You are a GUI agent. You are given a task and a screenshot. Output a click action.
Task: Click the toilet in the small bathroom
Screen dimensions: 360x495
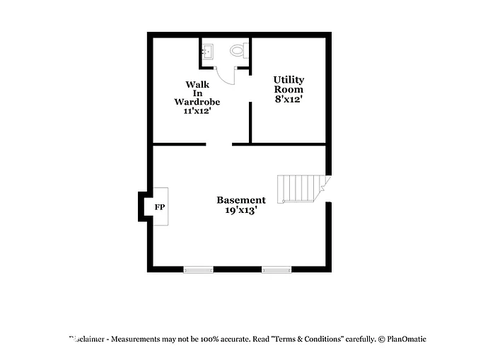[238, 51]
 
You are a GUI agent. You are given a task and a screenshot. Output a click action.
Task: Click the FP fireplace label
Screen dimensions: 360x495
[160, 207]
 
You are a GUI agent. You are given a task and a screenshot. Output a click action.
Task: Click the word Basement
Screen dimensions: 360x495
[241, 200]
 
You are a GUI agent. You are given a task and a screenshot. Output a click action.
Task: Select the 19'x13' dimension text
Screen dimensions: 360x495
[241, 210]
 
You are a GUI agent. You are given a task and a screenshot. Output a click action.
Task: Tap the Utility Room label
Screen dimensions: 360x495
[289, 85]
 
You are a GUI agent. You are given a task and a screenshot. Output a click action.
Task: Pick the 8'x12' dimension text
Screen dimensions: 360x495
[289, 99]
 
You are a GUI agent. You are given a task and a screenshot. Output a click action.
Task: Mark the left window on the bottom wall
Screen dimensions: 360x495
[198, 269]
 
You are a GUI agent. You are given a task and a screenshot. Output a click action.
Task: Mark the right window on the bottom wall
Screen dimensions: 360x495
[276, 269]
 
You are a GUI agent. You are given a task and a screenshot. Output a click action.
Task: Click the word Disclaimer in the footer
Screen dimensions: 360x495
[88, 339]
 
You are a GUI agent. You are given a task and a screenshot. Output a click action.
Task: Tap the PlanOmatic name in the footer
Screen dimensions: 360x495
[406, 339]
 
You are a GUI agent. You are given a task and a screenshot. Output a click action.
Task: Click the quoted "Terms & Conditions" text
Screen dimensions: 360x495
[308, 339]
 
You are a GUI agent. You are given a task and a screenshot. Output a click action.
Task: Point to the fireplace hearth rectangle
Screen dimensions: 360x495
[160, 206]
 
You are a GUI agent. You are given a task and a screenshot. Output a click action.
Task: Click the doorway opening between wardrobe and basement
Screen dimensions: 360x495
[219, 144]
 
